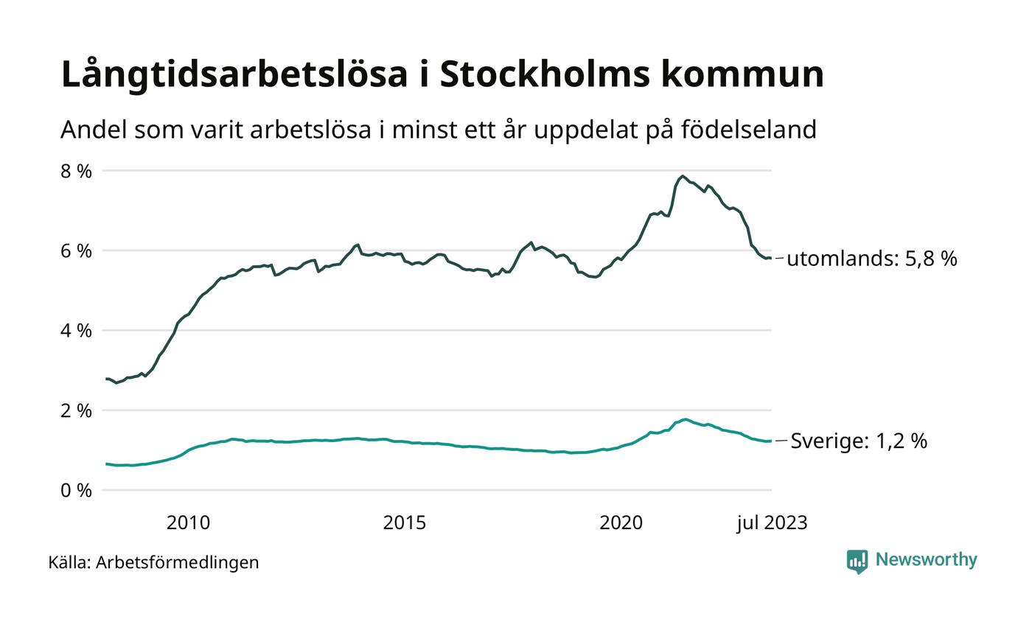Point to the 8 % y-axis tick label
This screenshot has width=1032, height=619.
(75, 171)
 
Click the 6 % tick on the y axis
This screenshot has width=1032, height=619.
(75, 251)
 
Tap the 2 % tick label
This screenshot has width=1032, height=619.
(75, 410)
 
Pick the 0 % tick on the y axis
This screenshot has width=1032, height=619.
(75, 490)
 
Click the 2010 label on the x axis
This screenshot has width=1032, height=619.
(189, 523)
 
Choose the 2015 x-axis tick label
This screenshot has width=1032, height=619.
(405, 523)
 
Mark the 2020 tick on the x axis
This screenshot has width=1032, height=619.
(621, 523)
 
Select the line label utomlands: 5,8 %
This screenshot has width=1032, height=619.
(872, 259)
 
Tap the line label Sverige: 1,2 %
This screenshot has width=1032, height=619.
(859, 442)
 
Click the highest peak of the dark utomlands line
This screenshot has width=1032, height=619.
(683, 176)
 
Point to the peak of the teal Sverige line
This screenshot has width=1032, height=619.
(686, 419)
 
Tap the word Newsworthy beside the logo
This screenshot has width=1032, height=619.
(926, 560)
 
